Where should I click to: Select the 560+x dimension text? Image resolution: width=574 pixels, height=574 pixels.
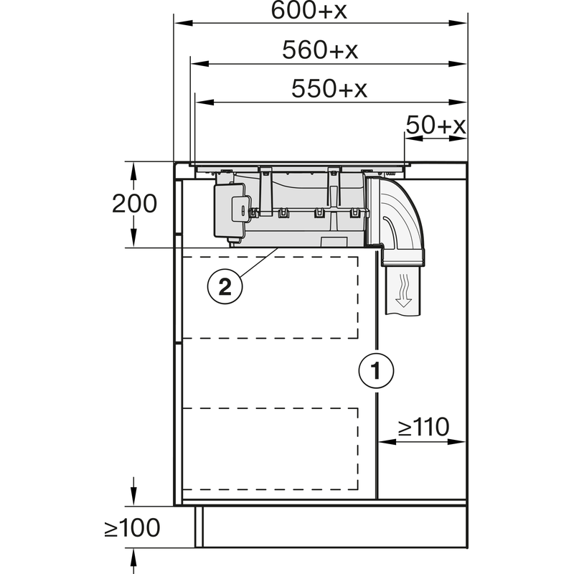coord(320,50)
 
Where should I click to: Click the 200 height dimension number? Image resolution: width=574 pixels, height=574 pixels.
coord(134,204)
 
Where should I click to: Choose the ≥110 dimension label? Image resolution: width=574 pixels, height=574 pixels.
coord(423,427)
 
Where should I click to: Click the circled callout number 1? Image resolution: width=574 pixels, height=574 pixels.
coord(376,371)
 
